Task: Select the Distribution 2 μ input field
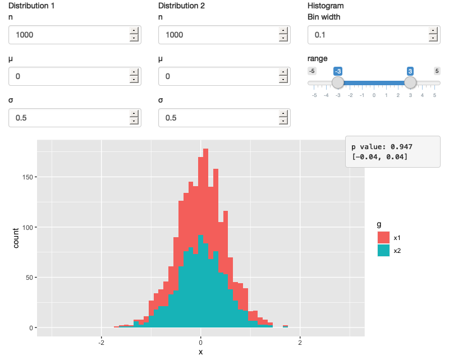click(x=218, y=76)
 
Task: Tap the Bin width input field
click(x=368, y=35)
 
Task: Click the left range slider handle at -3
click(x=338, y=82)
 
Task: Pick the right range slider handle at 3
click(x=410, y=82)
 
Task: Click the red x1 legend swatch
click(x=383, y=237)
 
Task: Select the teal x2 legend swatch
click(x=383, y=251)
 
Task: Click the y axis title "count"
click(x=16, y=237)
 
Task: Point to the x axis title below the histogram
click(x=200, y=352)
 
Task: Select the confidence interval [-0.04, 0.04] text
click(x=380, y=156)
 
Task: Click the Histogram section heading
click(x=326, y=6)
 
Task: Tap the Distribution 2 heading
click(x=181, y=6)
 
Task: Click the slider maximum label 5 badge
click(x=437, y=71)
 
